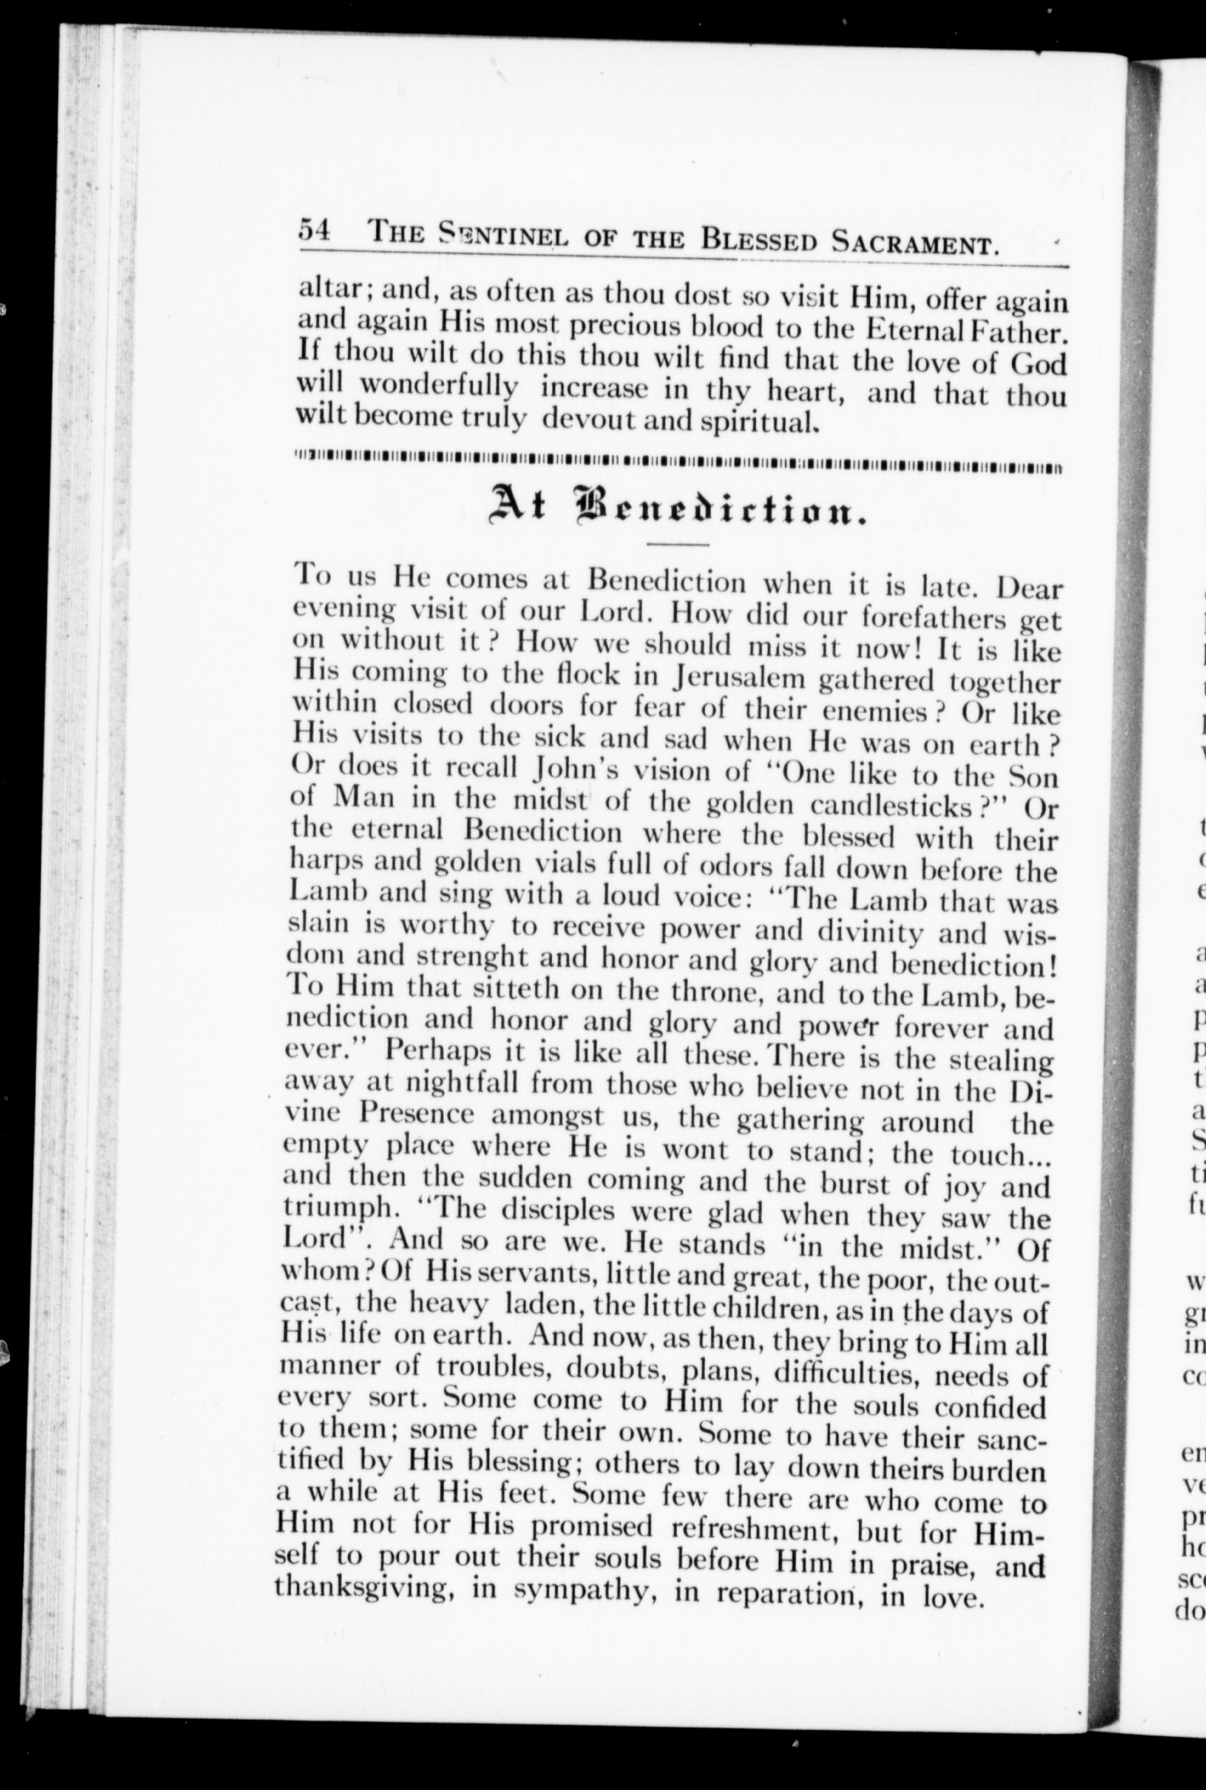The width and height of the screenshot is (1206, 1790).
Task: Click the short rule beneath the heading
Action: pos(678,545)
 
